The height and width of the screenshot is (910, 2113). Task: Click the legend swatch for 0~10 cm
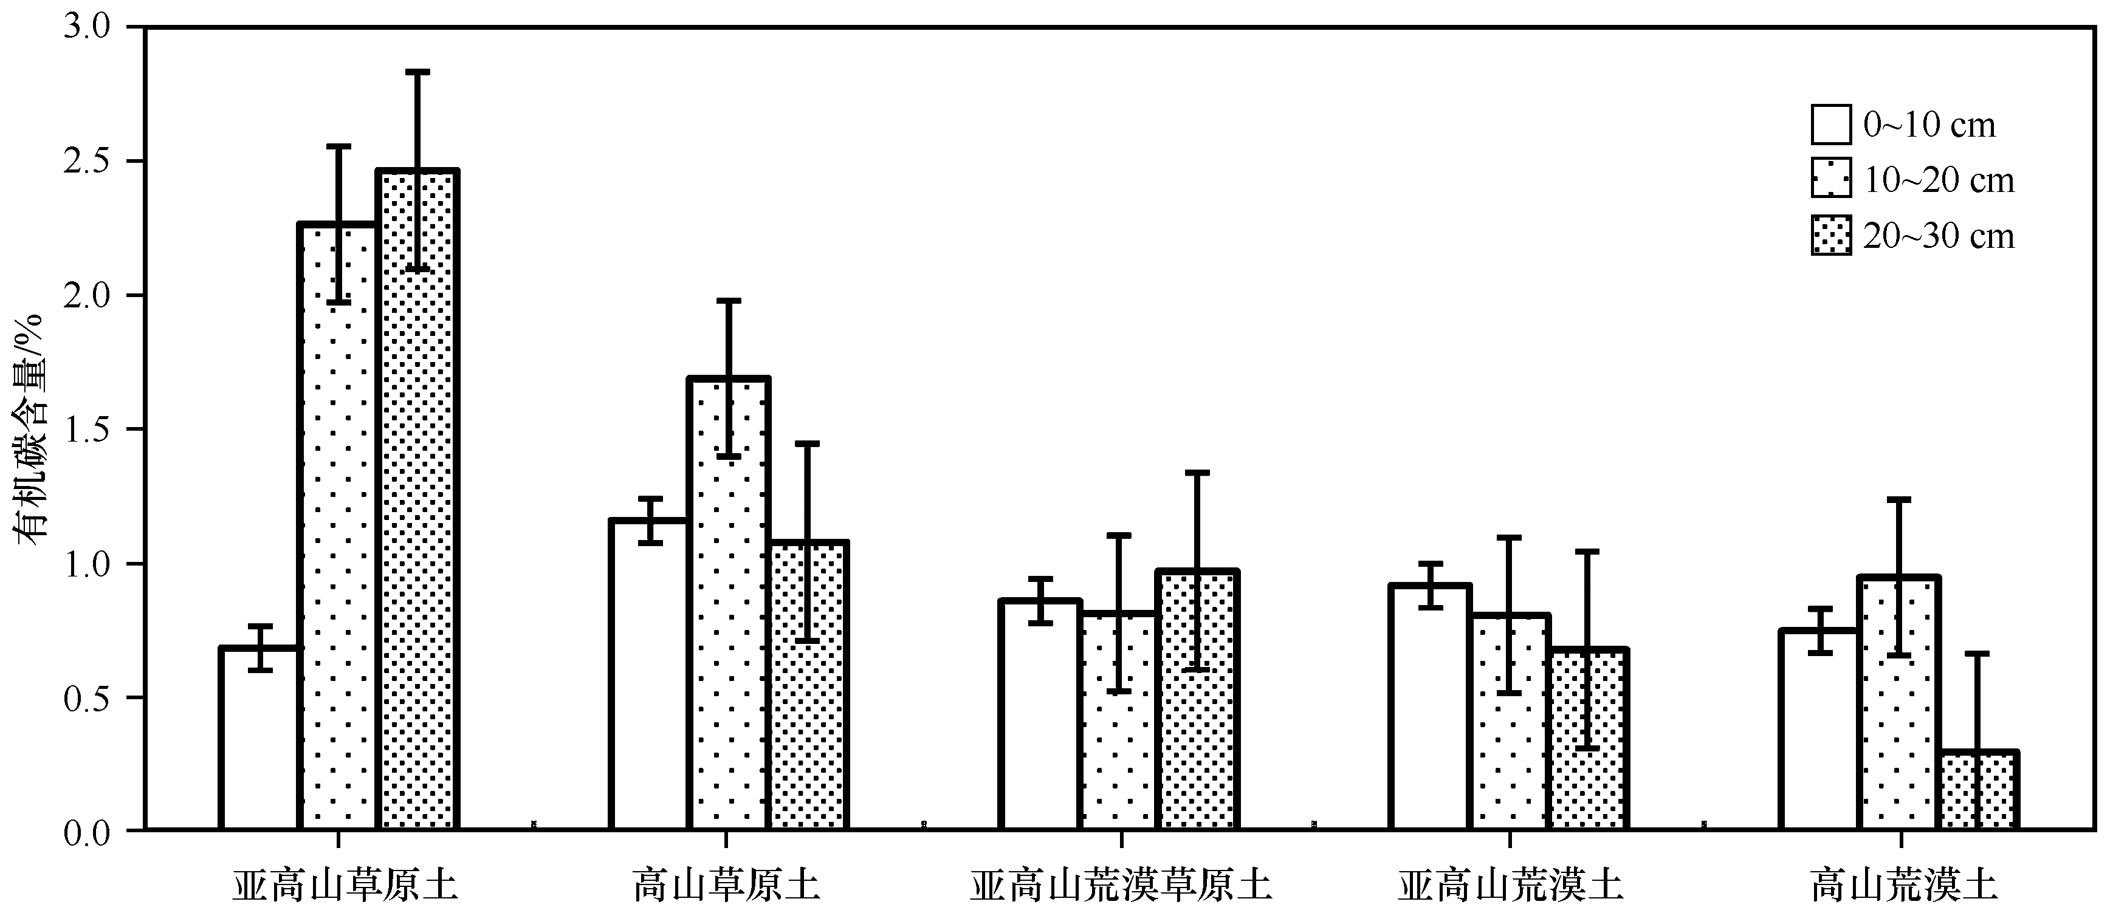point(1831,125)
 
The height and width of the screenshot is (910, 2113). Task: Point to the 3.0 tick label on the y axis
point(86,27)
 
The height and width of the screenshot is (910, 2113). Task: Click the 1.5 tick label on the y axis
point(86,429)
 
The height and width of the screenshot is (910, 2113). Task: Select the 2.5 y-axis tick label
point(86,162)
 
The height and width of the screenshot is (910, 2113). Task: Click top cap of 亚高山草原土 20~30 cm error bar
point(417,72)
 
